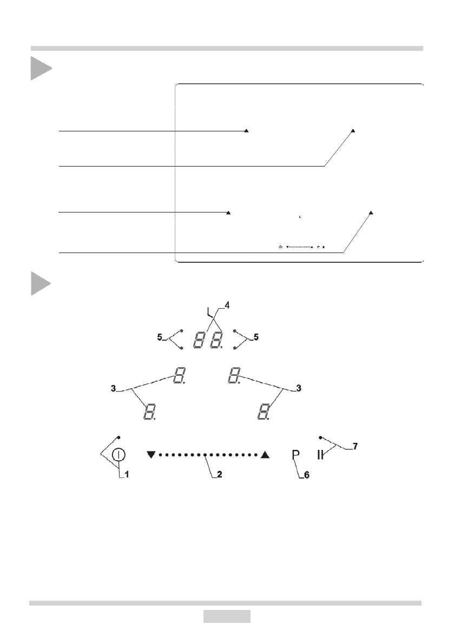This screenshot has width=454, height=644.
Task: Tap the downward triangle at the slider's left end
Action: pyautogui.click(x=150, y=455)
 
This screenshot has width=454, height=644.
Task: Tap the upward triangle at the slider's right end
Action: pyautogui.click(x=265, y=455)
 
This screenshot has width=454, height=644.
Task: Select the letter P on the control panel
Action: pyautogui.click(x=295, y=455)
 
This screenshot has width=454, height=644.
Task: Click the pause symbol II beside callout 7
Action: pyautogui.click(x=321, y=455)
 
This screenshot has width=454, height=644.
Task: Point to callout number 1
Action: pyautogui.click(x=127, y=476)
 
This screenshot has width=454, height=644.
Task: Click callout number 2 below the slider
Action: pyautogui.click(x=219, y=476)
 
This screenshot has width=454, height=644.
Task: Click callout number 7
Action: pyautogui.click(x=355, y=447)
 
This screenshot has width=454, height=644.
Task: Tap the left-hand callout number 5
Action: pyautogui.click(x=160, y=337)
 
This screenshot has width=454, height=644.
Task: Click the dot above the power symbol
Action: pyautogui.click(x=119, y=436)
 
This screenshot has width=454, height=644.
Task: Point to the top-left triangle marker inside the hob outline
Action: pyautogui.click(x=247, y=130)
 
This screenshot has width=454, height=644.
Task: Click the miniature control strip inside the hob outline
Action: pyautogui.click(x=303, y=247)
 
